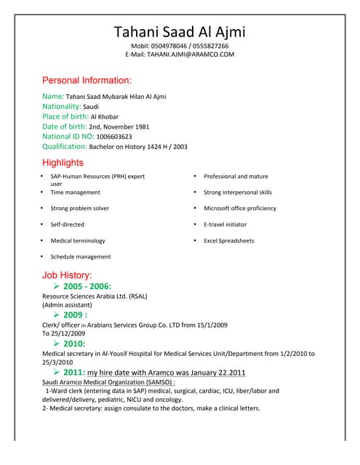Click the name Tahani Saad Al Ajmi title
pos(180,32)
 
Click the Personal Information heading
pos(87,80)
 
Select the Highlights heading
pos(63,163)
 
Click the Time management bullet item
pos(75,193)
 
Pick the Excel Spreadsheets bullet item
pos(228,240)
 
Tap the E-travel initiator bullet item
pos(225,225)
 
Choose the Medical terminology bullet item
pos(78,240)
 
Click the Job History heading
pos(67,275)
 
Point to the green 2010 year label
pos(74,344)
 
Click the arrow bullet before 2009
pos(57,315)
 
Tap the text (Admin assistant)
pos(67,305)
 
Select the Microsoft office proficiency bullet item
pos(240,209)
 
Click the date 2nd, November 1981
pos(119,126)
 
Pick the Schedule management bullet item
pos(80,256)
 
